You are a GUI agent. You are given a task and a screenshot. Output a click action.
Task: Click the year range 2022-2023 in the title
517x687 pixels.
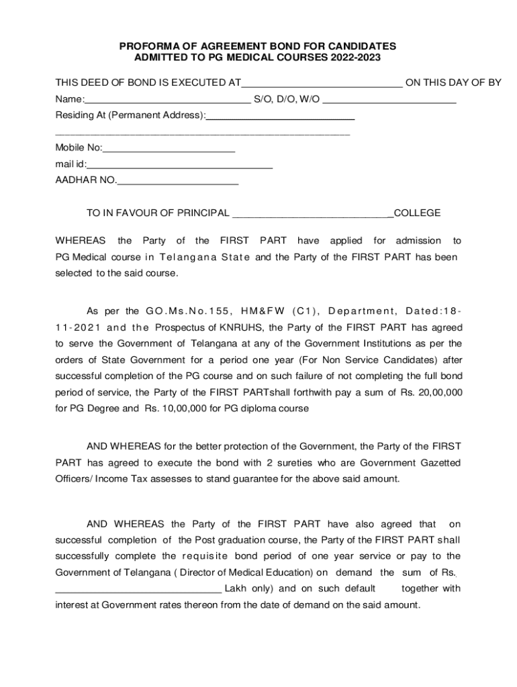tap(355, 58)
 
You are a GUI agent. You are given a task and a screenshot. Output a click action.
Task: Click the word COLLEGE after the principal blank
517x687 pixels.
tap(418, 213)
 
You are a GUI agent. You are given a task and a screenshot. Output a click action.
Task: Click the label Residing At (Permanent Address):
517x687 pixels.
tap(130, 115)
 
